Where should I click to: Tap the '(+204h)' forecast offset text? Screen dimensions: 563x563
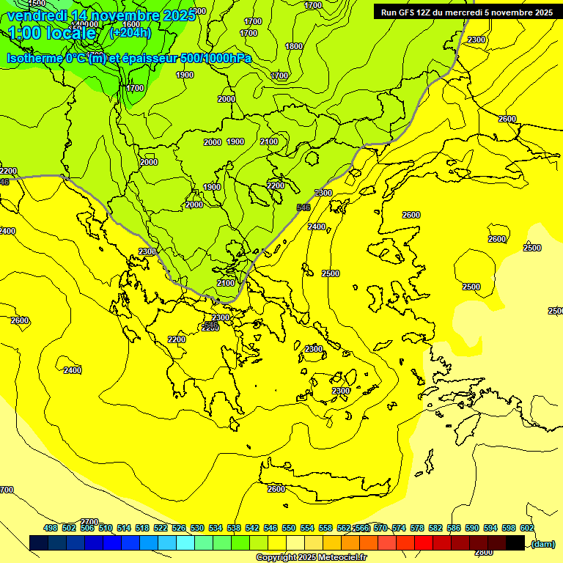[x=130, y=32]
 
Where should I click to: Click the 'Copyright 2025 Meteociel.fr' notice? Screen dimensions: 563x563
[x=322, y=557]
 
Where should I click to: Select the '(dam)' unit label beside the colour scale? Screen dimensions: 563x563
[x=542, y=543]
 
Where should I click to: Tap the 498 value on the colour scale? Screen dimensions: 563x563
[x=51, y=528]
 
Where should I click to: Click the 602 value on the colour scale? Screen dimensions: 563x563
[x=527, y=528]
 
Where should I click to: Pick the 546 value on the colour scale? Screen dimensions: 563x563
[x=271, y=528]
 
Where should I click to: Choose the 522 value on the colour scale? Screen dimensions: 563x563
[x=161, y=528]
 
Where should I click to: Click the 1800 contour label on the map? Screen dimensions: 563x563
[x=294, y=46]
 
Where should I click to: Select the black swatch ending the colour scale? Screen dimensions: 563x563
[x=515, y=543]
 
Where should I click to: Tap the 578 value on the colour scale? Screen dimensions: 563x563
[x=417, y=528]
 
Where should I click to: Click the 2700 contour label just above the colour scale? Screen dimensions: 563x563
[x=89, y=522]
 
